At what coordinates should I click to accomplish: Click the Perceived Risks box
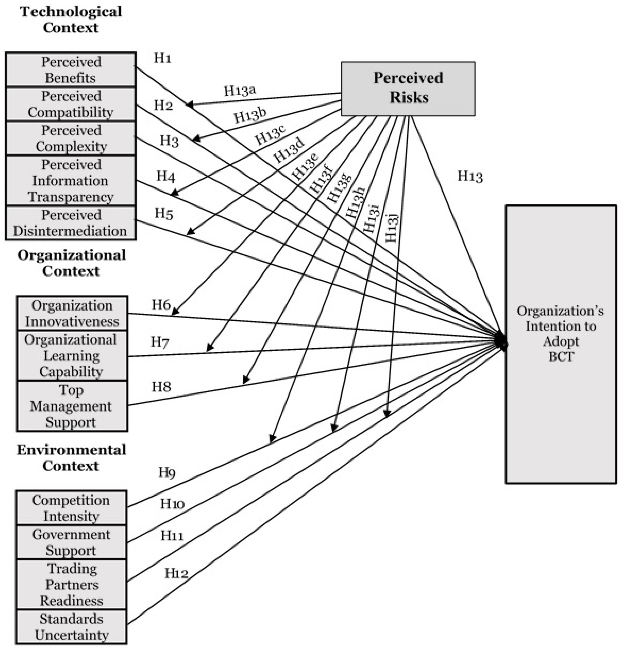click(x=408, y=88)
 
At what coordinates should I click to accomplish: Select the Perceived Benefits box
click(x=71, y=70)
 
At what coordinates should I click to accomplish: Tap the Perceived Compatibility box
click(x=71, y=104)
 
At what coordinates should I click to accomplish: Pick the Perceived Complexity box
click(x=71, y=138)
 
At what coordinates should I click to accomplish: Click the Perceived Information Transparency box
click(x=71, y=181)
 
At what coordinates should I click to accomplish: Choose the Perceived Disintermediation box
click(x=71, y=223)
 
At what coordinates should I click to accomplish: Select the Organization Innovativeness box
click(x=72, y=313)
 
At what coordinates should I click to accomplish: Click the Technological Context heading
click(x=71, y=20)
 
